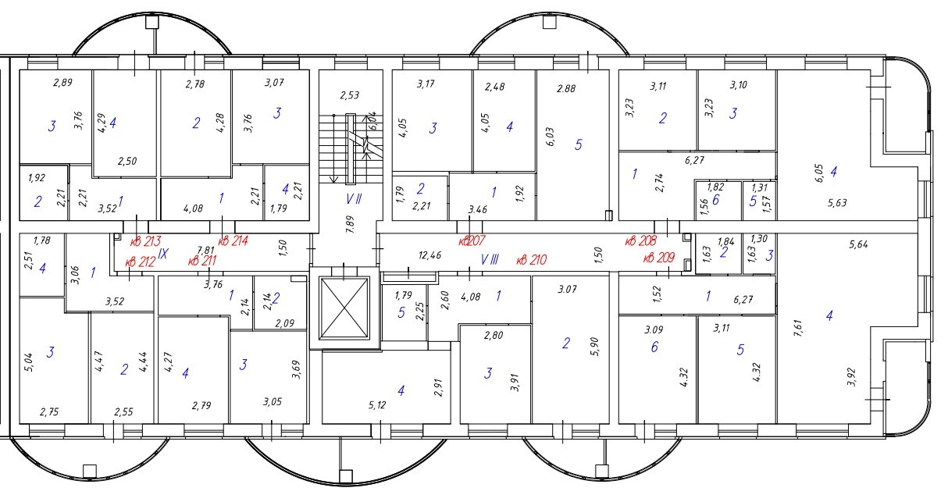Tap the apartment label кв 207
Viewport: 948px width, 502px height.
(x=472, y=240)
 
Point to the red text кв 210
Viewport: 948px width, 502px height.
(x=532, y=259)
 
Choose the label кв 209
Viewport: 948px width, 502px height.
(x=660, y=258)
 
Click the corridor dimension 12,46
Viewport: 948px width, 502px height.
(x=429, y=255)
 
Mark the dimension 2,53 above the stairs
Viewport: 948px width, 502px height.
(x=349, y=96)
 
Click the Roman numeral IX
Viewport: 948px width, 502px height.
(x=163, y=254)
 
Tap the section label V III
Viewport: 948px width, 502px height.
(x=490, y=258)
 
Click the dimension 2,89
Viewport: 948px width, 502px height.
(x=62, y=82)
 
